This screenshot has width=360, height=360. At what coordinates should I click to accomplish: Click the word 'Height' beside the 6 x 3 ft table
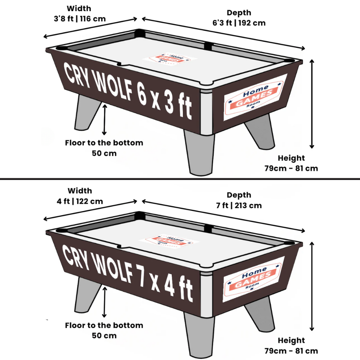tap(291, 158)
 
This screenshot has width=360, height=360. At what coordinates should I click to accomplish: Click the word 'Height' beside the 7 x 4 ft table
tap(291, 340)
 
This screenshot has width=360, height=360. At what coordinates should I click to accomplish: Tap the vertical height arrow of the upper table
tap(312, 104)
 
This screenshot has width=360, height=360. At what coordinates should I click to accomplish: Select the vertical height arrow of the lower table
tap(312, 286)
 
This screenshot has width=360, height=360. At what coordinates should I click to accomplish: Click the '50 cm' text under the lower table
tap(104, 336)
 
